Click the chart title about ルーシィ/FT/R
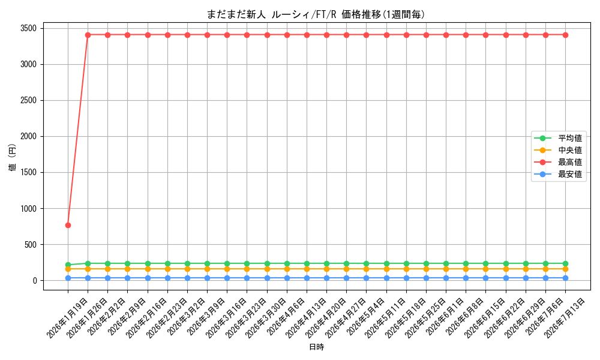tap(316, 14)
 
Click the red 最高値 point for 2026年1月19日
tap(68, 226)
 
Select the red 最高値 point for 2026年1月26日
tap(88, 35)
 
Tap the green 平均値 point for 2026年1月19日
tap(68, 265)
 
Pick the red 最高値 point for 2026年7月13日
tap(565, 35)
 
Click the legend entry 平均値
tap(559, 138)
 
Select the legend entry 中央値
tap(559, 150)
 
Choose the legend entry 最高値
tap(559, 162)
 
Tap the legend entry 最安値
tap(559, 175)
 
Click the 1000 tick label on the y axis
tap(29, 209)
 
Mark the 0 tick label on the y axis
tap(35, 281)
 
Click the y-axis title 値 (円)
tap(13, 157)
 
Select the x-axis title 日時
tap(316, 347)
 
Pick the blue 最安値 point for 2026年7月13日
tap(565, 278)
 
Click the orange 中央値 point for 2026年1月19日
tap(68, 269)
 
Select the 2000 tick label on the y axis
tap(29, 137)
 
